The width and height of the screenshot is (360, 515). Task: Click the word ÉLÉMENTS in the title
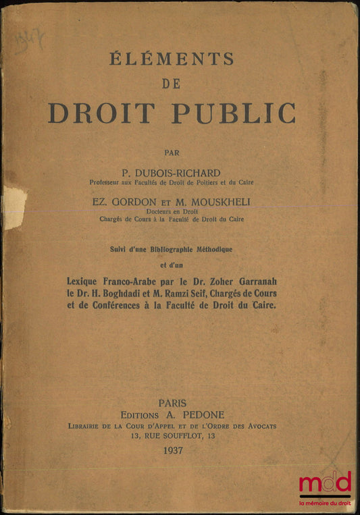173,59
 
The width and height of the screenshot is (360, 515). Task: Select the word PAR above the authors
172,153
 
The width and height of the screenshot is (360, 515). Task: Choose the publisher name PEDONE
205,414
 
